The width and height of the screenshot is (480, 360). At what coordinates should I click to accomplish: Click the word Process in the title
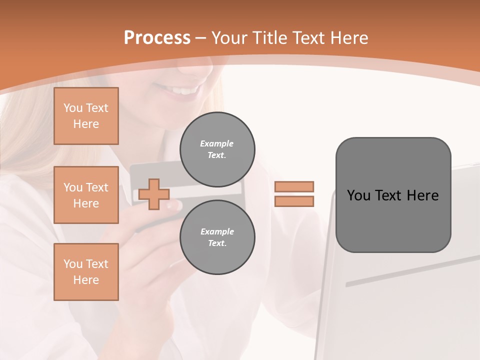click(x=157, y=38)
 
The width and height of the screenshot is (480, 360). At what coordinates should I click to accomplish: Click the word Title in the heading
click(x=269, y=38)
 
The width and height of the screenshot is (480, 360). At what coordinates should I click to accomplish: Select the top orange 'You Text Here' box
click(x=86, y=116)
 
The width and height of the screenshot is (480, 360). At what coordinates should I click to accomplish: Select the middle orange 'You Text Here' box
click(x=86, y=195)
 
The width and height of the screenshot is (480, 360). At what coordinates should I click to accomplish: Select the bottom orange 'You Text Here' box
click(x=86, y=272)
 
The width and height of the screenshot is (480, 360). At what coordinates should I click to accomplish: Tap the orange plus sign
click(x=153, y=194)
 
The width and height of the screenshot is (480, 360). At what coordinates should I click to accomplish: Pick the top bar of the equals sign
click(x=294, y=187)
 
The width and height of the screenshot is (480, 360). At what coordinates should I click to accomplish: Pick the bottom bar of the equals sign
click(x=294, y=201)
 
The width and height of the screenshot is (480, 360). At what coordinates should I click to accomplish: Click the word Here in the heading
click(x=348, y=38)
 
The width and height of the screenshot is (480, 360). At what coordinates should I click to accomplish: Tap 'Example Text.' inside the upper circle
click(x=217, y=149)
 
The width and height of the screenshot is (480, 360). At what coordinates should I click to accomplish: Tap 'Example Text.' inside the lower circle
click(x=217, y=237)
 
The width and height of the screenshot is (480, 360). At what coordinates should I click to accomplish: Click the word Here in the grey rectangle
click(x=422, y=195)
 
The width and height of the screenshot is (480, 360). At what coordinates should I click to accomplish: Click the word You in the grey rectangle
click(x=358, y=195)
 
